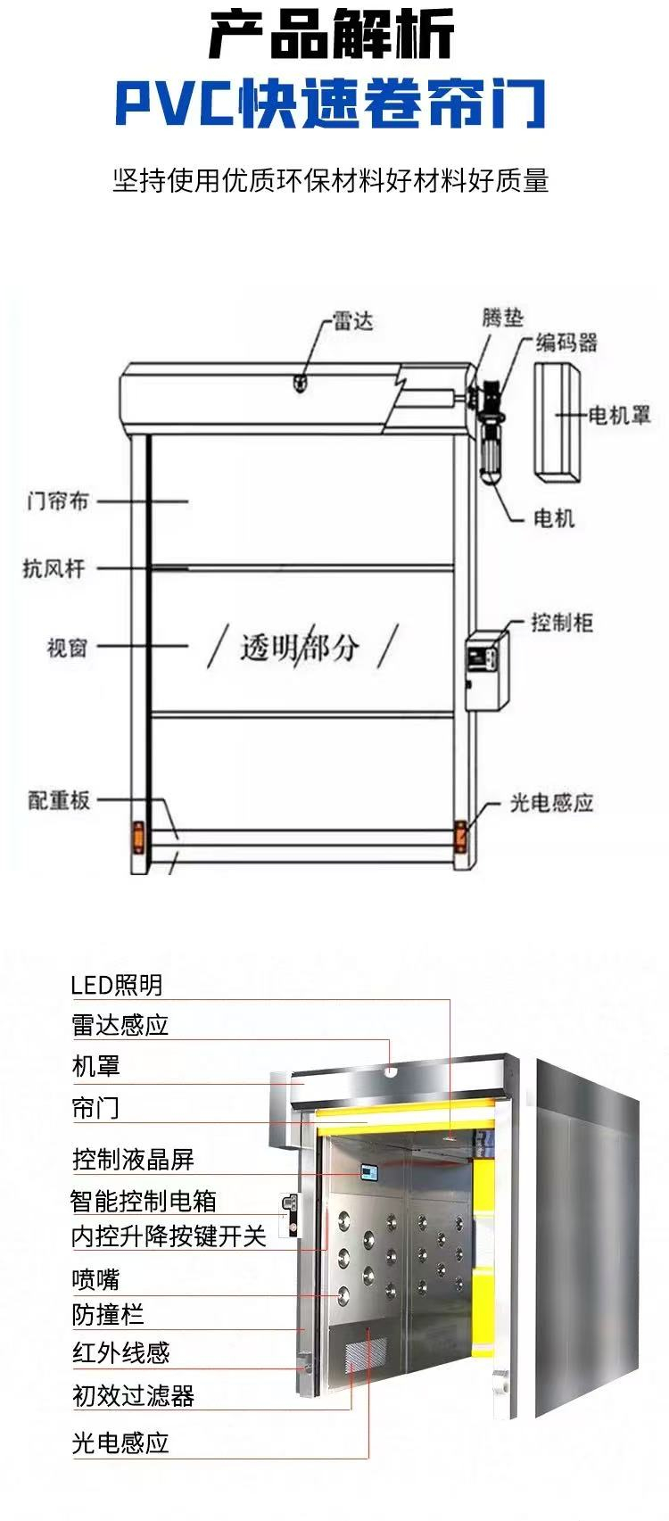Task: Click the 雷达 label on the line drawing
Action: click(352, 320)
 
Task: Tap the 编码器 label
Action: click(566, 343)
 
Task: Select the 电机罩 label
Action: click(619, 414)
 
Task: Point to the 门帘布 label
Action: click(57, 501)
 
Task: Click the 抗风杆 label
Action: click(54, 567)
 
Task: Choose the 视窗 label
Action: click(67, 648)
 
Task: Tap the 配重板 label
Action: click(58, 800)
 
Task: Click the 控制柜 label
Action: click(562, 622)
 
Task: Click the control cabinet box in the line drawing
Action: click(487, 671)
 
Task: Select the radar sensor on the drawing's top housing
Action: click(300, 383)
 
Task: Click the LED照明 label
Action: click(117, 985)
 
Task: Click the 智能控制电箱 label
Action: click(143, 1201)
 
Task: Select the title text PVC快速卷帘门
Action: click(331, 103)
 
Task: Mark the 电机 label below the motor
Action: click(554, 519)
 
